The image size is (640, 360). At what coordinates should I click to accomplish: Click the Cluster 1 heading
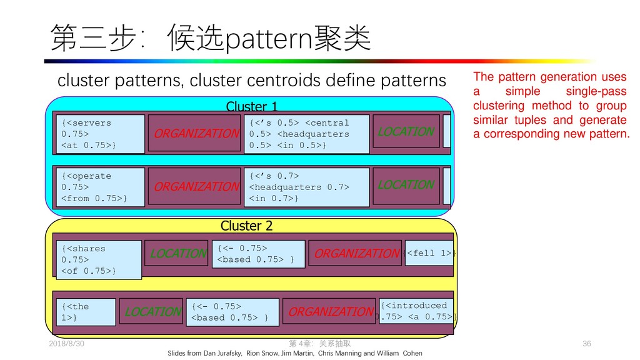tap(251, 107)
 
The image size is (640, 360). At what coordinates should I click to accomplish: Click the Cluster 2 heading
tap(246, 226)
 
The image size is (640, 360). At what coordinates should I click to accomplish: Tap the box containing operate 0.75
tap(100, 187)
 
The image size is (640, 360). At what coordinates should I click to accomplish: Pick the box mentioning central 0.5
tap(307, 134)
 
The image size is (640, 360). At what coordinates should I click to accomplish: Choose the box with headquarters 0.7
tap(307, 187)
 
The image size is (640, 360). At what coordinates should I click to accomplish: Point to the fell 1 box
tap(429, 252)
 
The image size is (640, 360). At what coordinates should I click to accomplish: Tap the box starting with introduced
tap(416, 311)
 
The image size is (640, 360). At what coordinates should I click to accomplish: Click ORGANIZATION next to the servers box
tap(196, 133)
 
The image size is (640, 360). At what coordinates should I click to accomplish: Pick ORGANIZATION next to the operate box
tap(196, 186)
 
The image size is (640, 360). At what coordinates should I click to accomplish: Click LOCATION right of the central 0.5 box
tap(406, 132)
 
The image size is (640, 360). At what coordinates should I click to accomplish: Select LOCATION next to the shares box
tap(177, 253)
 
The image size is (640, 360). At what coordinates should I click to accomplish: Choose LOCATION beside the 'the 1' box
tap(152, 311)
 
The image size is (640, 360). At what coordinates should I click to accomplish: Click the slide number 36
tap(586, 344)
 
